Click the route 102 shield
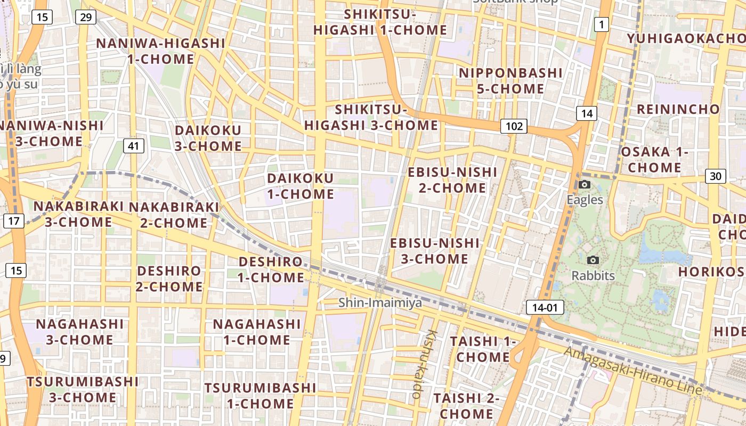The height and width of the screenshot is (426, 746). point(514,126)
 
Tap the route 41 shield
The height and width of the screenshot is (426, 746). point(133,145)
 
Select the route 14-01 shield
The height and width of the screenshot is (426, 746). point(545,307)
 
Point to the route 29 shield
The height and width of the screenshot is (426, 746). point(85,17)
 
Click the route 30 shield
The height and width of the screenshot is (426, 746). point(715,176)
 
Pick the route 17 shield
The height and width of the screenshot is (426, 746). point(14,220)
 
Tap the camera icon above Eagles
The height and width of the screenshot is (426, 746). point(585,185)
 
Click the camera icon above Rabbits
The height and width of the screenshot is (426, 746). point(593,260)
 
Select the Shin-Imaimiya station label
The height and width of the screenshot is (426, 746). point(380,303)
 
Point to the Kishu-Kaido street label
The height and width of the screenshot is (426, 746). point(424,364)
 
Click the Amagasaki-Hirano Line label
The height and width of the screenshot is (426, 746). point(633,371)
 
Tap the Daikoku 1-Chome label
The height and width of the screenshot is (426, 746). point(301,186)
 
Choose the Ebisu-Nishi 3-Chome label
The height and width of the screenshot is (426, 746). point(435,251)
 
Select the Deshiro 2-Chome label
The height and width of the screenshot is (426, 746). point(169,278)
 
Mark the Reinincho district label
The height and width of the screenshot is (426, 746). point(678,110)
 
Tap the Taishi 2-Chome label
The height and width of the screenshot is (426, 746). point(466,406)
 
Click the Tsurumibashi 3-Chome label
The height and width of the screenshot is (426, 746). point(83,389)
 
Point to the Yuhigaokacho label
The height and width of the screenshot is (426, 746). point(686,39)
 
